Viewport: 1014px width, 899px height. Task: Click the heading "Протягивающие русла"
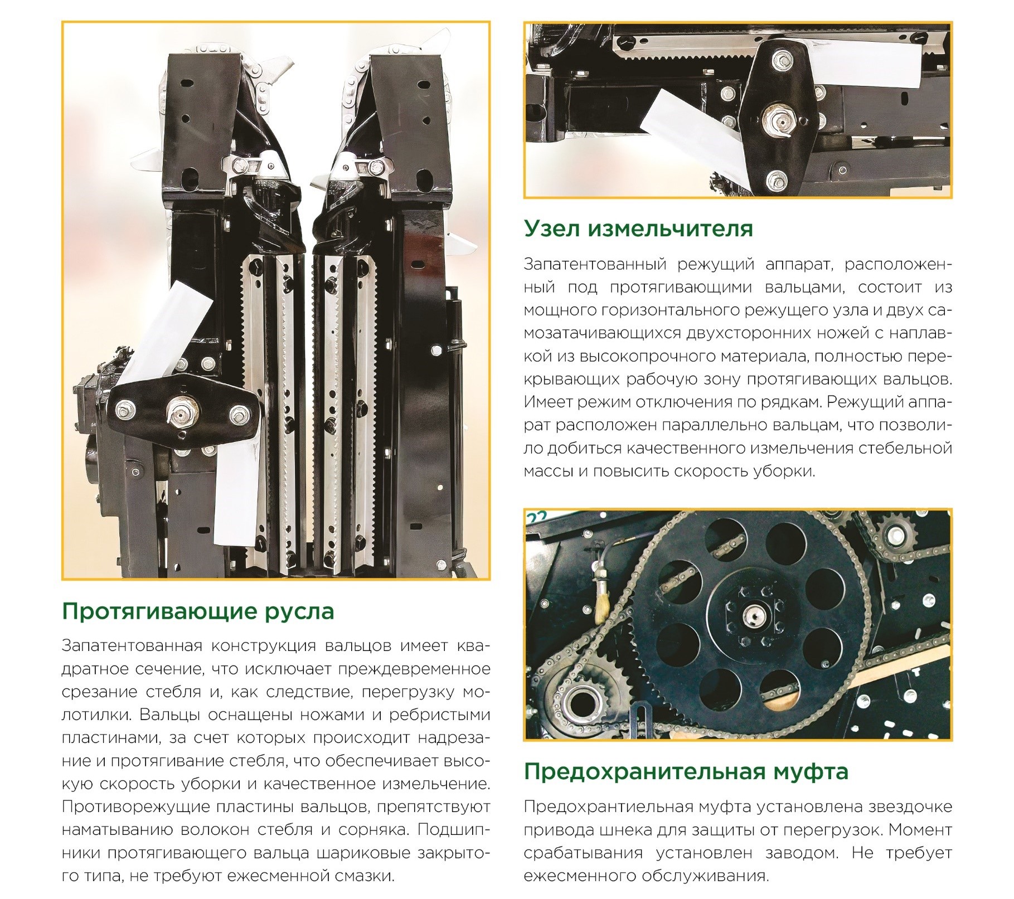click(198, 612)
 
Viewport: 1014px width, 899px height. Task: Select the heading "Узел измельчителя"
click(638, 229)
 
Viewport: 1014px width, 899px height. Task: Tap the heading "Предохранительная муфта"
click(686, 772)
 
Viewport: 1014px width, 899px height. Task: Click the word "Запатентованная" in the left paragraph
click(132, 646)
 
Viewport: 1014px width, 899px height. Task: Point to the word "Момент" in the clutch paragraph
click(920, 830)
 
